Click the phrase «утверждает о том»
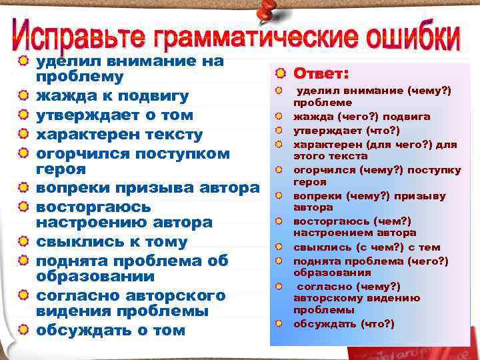coord(114,115)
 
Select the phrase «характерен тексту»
coord(119,135)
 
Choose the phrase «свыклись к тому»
coord(111,242)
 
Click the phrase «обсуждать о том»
coord(110,330)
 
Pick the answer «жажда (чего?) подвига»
coord(362,117)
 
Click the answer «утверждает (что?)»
coord(346,130)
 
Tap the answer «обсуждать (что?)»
coord(344,324)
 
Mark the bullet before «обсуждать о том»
coord(23,330)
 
